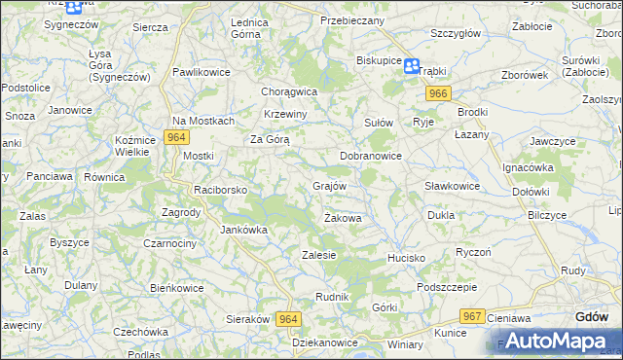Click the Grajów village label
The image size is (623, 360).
click(329, 185)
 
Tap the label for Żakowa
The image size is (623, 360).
click(343, 218)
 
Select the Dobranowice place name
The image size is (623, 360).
click(371, 155)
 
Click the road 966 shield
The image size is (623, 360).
click(437, 92)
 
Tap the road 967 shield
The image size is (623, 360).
click(473, 316)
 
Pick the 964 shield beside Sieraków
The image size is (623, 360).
click(287, 319)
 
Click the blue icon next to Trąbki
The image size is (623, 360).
click(412, 66)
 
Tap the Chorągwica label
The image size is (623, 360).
click(289, 91)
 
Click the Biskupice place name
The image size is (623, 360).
click(379, 59)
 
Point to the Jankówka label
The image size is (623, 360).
click(243, 231)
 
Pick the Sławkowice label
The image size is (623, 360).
click(452, 186)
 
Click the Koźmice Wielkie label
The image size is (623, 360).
click(135, 146)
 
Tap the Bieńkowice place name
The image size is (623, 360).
click(176, 288)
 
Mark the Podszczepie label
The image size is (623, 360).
click(446, 287)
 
